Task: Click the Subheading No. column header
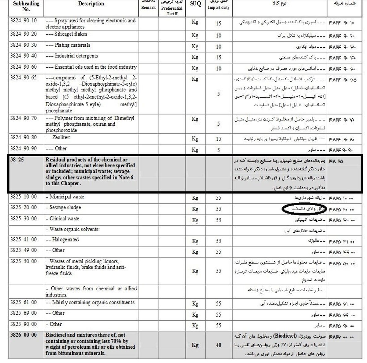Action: (26, 6)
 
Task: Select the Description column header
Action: (91, 4)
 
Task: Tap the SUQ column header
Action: (195, 4)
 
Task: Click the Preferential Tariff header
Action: (172, 11)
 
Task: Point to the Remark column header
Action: (148, 7)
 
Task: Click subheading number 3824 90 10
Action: (23, 21)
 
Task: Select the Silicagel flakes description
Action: (71, 34)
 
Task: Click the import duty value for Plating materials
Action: (218, 47)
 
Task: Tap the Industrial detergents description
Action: (76, 56)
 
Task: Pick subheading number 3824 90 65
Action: (23, 78)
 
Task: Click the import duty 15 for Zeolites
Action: (218, 139)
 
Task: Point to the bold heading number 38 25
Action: (17, 160)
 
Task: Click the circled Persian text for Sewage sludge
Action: (304, 209)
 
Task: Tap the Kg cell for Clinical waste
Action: (195, 220)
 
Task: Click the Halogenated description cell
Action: (65, 240)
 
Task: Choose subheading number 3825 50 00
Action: (23, 261)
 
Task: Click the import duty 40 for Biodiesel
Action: (218, 345)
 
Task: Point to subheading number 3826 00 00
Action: (23, 335)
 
